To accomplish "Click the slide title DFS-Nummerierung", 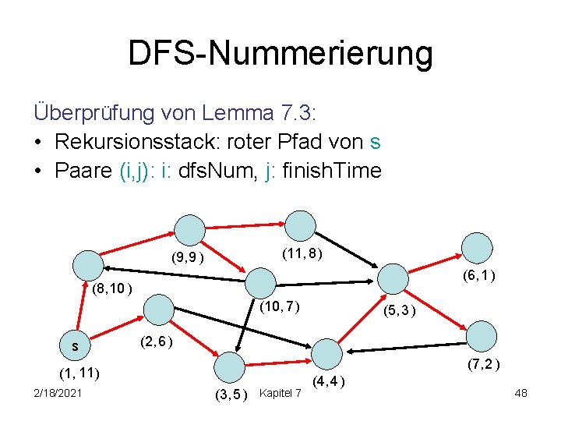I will [x=280, y=54].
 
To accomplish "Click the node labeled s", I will [x=75, y=344].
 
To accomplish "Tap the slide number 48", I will [x=521, y=393].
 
